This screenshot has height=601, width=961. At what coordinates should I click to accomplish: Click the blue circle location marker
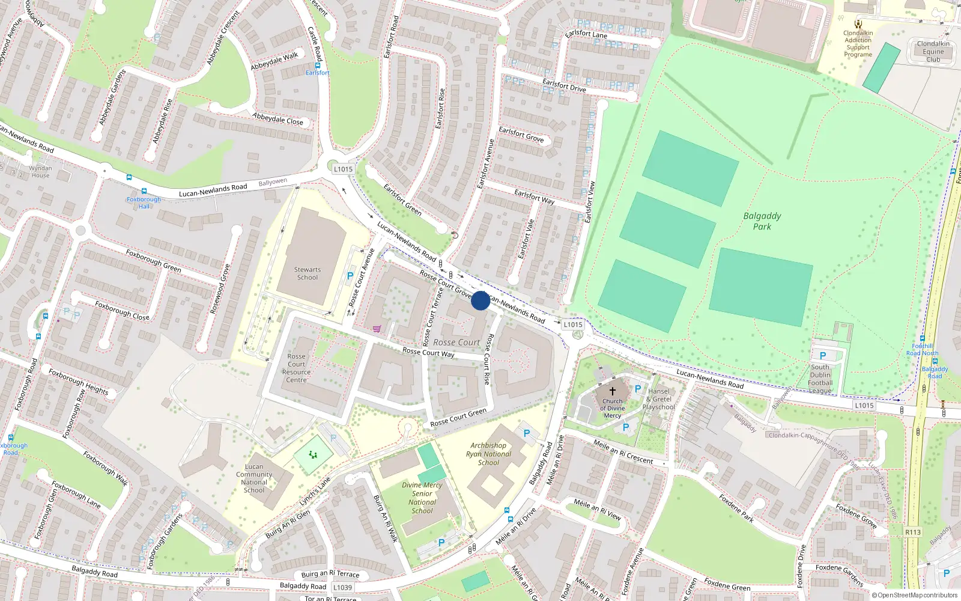[480, 300]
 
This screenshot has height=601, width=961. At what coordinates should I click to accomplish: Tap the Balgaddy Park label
[762, 221]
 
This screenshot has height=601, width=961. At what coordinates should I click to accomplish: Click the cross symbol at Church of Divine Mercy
[613, 390]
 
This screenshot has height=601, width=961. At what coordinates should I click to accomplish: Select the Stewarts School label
[308, 273]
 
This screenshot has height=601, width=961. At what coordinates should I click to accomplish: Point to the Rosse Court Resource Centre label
[296, 368]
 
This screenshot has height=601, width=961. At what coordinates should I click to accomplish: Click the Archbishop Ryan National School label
[488, 454]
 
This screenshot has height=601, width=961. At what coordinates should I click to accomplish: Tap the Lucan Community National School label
[254, 478]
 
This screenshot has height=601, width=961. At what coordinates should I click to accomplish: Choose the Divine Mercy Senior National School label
[422, 498]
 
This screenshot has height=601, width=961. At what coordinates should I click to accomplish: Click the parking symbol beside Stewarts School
[350, 276]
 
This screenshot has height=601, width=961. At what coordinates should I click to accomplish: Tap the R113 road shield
[913, 532]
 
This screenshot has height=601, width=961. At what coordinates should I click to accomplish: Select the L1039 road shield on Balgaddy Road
[342, 587]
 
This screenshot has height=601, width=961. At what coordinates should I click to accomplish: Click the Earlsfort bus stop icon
[318, 66]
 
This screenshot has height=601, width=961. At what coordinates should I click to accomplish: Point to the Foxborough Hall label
[144, 203]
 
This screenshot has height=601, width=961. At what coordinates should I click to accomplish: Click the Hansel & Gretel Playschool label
[659, 399]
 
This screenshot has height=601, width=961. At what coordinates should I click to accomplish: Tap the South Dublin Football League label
[820, 379]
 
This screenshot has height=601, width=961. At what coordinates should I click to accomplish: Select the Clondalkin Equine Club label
[933, 51]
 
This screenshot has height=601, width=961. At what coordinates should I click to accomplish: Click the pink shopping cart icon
[377, 329]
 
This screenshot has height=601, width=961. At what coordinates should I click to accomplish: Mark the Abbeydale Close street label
[278, 118]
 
